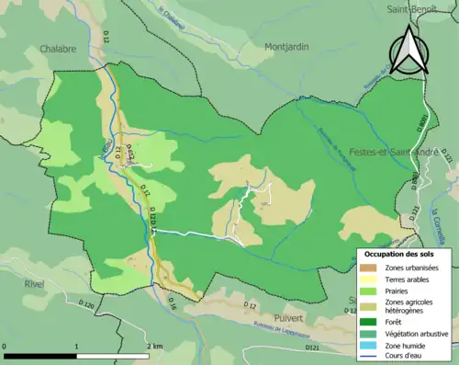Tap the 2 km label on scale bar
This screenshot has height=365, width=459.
(153, 346)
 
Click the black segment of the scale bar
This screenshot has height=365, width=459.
(40, 355)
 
